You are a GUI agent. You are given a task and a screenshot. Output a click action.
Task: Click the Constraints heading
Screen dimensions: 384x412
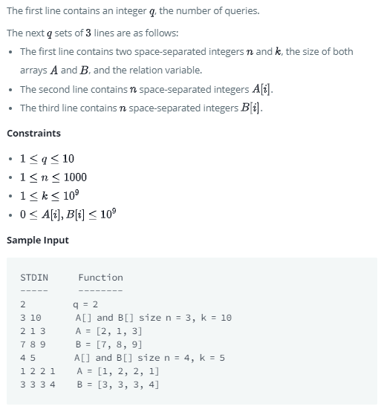[33, 134]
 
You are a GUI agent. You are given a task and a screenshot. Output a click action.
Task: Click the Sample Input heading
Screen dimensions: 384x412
[37, 241]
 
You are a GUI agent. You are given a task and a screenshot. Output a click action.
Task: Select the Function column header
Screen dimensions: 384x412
[100, 278]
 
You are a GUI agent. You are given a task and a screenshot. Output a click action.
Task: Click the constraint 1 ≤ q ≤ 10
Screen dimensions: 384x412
[47, 159]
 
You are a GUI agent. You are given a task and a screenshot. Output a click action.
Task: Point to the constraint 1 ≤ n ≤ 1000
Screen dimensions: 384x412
[53, 177]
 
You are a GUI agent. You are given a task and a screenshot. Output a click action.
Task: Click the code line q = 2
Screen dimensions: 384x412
[88, 304]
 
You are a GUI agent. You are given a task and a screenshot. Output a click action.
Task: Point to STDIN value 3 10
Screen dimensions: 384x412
[30, 318]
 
